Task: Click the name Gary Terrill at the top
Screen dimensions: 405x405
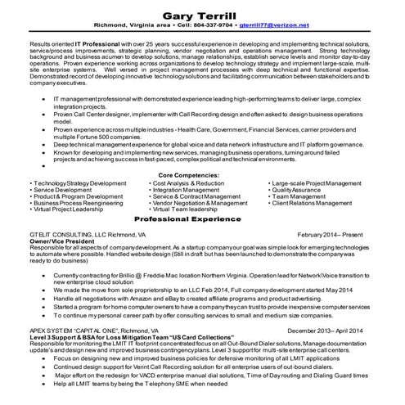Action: pos(201,15)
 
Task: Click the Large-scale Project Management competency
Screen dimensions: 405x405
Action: pos(317,183)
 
